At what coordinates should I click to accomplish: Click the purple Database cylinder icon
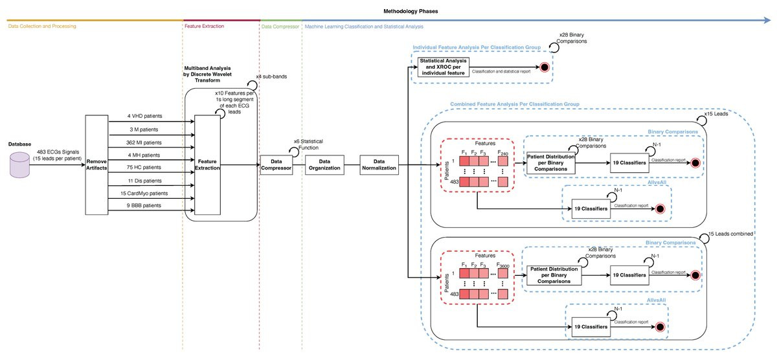tap(18, 166)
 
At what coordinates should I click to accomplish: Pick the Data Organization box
tap(328, 166)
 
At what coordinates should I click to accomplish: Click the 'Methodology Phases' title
tap(388, 11)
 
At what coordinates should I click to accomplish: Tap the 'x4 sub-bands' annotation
tap(271, 77)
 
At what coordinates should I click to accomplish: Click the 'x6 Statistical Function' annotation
tap(308, 144)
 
